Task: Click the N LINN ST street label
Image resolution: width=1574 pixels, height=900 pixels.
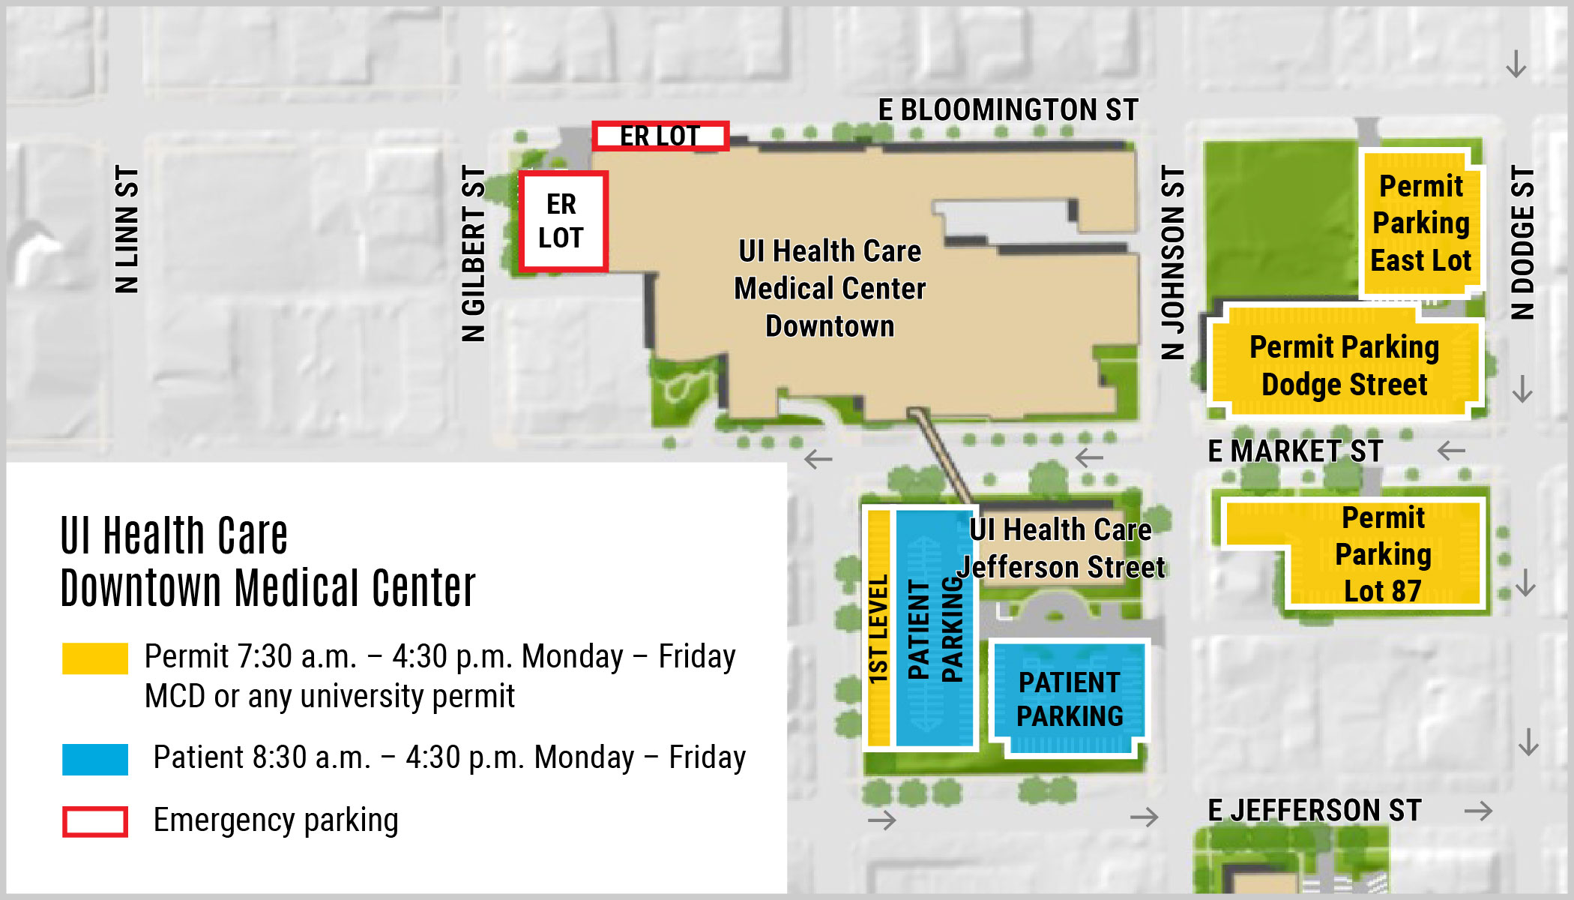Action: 127,229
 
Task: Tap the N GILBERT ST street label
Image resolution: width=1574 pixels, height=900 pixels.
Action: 474,253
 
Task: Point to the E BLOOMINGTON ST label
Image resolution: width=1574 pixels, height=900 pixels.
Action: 1007,110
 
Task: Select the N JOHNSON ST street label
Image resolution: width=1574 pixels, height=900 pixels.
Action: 1173,262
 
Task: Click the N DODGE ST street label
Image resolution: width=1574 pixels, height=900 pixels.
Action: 1522,242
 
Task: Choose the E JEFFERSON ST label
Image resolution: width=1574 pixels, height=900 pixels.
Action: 1314,811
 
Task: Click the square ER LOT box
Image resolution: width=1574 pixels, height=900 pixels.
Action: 562,221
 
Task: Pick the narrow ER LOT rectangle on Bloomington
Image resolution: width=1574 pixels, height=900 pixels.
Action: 660,136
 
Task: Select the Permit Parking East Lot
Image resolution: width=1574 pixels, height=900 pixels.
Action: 1420,223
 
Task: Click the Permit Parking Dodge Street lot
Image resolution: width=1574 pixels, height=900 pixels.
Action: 1344,366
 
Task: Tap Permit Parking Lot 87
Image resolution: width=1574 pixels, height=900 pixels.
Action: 1383,554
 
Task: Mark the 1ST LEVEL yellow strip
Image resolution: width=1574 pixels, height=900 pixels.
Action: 878,628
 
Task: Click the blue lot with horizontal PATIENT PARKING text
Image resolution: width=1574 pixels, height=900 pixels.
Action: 1070,699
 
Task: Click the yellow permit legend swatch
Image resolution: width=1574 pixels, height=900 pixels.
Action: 95,658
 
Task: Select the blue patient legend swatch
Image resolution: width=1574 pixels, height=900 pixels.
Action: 95,759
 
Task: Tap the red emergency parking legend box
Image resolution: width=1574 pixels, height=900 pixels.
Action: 95,821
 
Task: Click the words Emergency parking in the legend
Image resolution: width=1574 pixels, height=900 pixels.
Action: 276,820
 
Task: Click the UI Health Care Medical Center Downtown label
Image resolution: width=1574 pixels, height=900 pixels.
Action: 830,289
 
